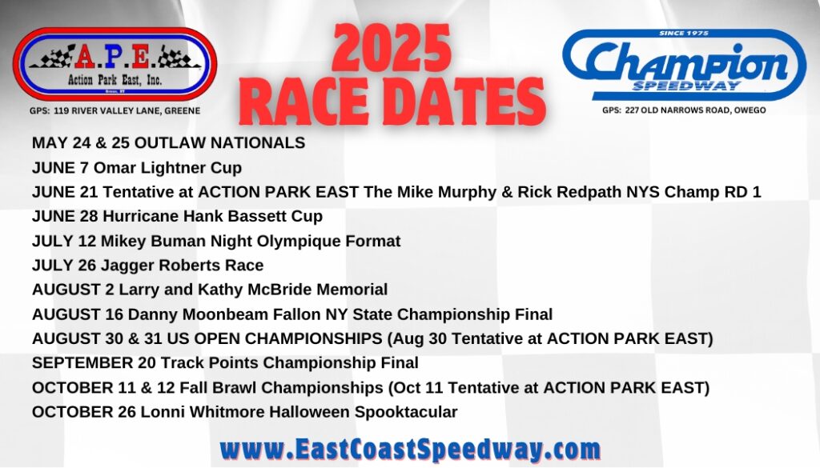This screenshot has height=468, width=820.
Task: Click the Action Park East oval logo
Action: [115, 64]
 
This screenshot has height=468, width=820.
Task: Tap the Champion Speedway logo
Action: [684, 64]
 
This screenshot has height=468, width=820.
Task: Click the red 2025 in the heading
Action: [391, 48]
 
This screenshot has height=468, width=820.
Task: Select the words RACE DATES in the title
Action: [392, 102]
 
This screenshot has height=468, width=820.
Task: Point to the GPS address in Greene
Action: [115, 110]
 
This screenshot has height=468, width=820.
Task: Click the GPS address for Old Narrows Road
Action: [684, 110]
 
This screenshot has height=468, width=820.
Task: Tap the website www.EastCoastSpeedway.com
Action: [410, 449]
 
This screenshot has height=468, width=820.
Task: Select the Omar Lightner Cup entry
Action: [137, 168]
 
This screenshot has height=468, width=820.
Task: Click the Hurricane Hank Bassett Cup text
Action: [213, 216]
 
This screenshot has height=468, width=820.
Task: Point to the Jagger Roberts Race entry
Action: [147, 265]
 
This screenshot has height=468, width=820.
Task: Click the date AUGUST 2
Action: [73, 290]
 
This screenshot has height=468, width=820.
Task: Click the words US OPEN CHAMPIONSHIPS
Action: [275, 338]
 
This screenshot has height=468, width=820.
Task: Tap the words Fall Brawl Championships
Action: [281, 387]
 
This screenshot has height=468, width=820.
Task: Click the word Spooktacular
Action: [406, 411]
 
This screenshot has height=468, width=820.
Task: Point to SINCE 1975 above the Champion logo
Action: [684, 33]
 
